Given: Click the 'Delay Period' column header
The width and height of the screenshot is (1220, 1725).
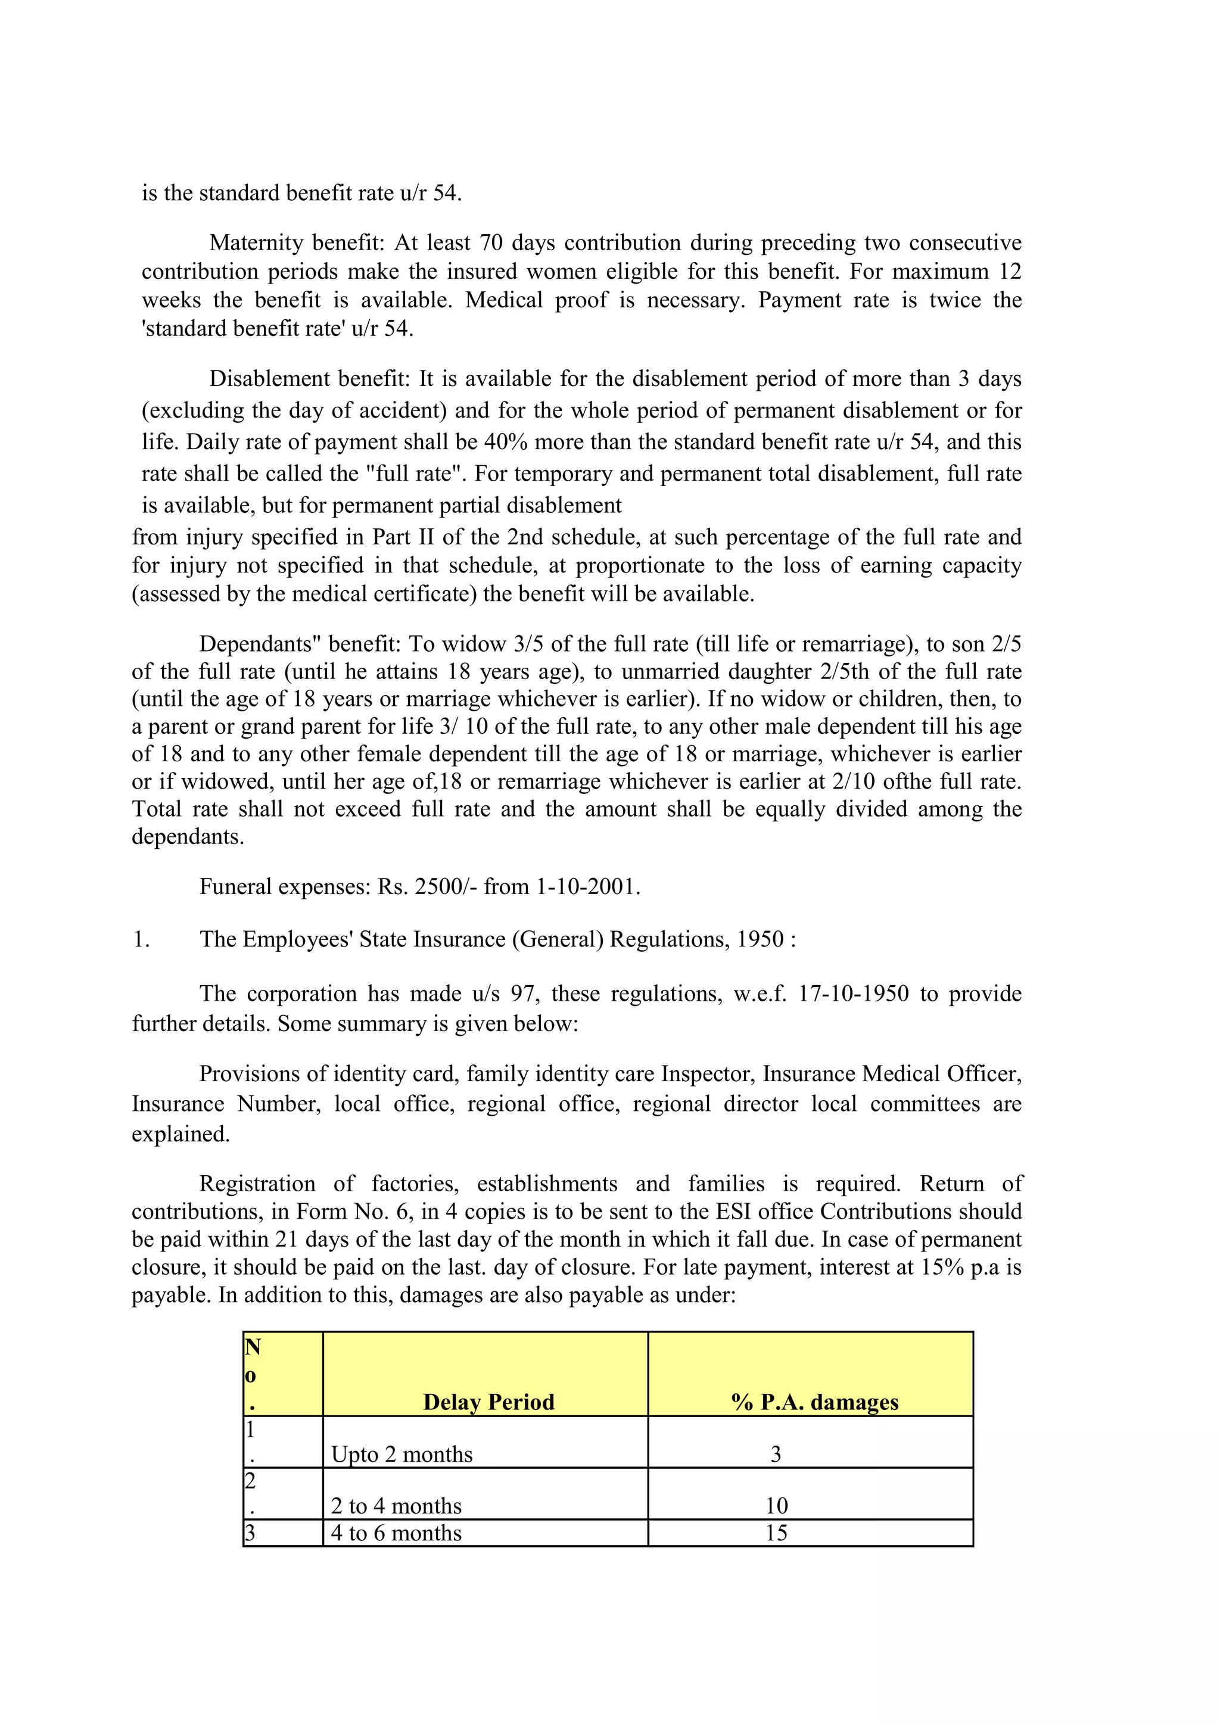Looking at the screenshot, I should (488, 1402).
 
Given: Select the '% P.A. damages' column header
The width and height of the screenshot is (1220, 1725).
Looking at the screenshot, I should (814, 1402).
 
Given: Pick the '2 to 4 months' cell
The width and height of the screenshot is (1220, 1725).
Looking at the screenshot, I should (396, 1506).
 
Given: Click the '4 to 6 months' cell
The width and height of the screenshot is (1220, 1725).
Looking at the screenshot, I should (396, 1533).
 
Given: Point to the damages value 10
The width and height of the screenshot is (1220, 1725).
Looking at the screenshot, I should (776, 1506).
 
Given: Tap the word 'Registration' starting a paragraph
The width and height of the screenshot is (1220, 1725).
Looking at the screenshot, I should (257, 1184).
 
